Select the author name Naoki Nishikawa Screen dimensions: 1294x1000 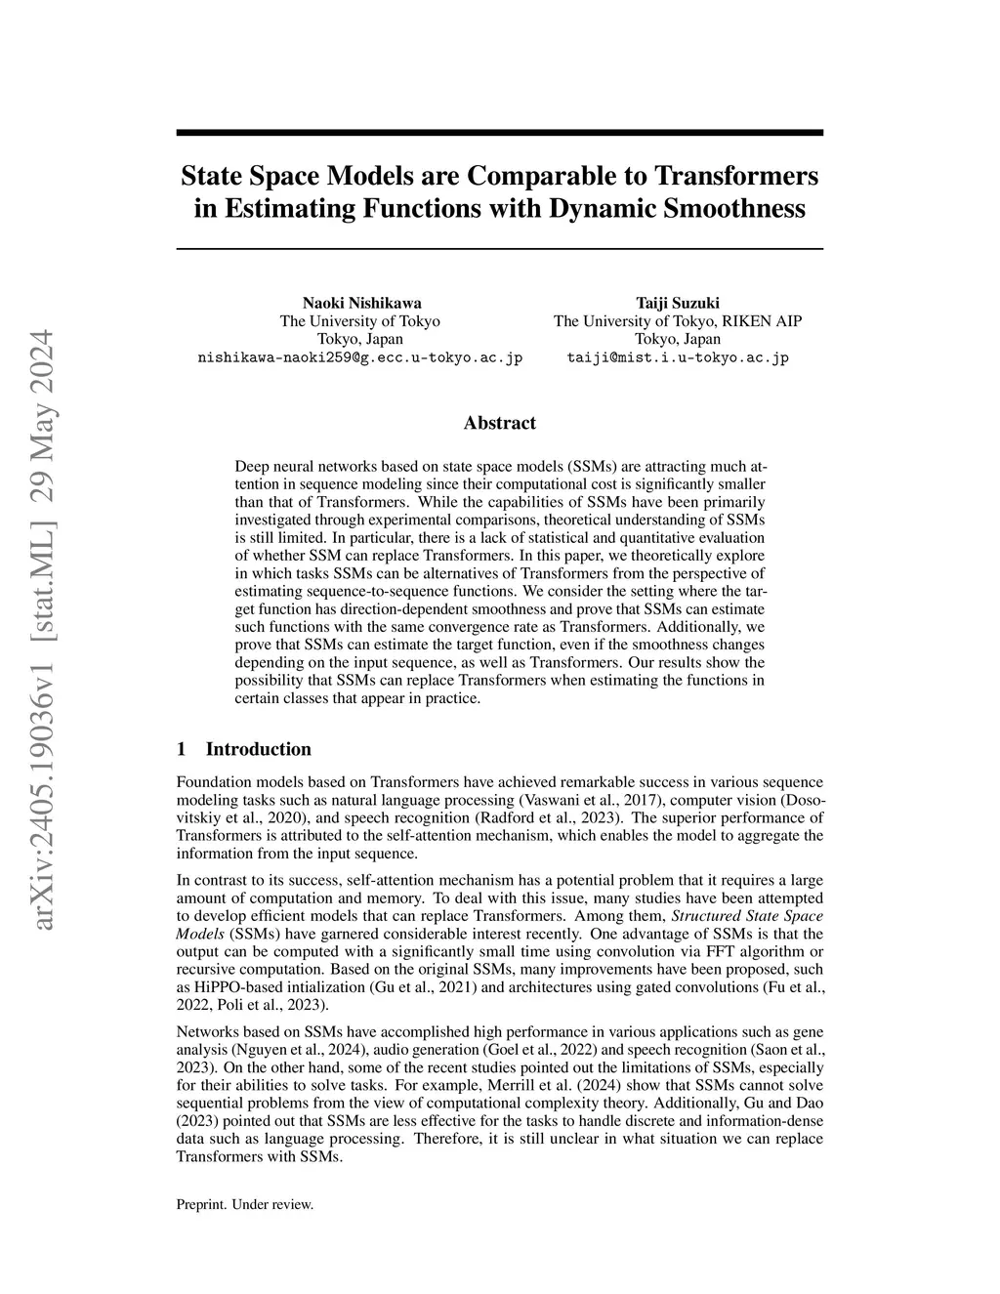click(361, 303)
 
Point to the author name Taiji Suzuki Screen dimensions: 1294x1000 click(678, 303)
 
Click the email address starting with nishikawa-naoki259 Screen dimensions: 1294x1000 click(360, 357)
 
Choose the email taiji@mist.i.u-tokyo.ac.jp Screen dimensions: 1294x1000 click(678, 357)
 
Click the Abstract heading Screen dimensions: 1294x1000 click(499, 423)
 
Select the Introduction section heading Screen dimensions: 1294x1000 click(258, 749)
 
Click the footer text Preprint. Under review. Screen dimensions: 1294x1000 click(244, 1204)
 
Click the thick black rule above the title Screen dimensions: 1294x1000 click(499, 132)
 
